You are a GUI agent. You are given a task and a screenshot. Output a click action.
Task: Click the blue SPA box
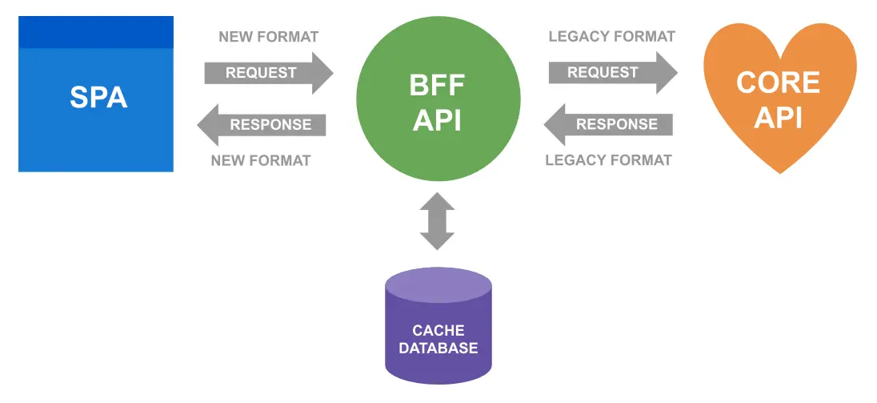(x=96, y=104)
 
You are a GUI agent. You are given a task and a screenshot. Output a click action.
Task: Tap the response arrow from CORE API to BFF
(x=609, y=124)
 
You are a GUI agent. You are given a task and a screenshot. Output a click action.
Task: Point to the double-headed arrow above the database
(x=438, y=222)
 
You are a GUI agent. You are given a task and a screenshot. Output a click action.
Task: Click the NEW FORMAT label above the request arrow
(x=268, y=37)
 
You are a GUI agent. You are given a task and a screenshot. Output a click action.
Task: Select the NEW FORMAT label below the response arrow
(x=260, y=160)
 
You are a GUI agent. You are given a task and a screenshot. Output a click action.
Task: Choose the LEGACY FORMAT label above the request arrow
(x=611, y=37)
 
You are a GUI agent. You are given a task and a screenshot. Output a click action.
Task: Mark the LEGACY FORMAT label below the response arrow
(x=608, y=160)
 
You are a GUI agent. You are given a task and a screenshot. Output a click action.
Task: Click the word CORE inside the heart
(x=778, y=83)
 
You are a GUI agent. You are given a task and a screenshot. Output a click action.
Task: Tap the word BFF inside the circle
(x=438, y=85)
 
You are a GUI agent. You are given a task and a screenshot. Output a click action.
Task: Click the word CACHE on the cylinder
(x=438, y=330)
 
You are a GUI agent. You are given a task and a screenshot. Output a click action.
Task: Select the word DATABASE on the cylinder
(x=438, y=349)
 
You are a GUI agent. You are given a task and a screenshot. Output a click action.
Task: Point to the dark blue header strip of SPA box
(x=96, y=32)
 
